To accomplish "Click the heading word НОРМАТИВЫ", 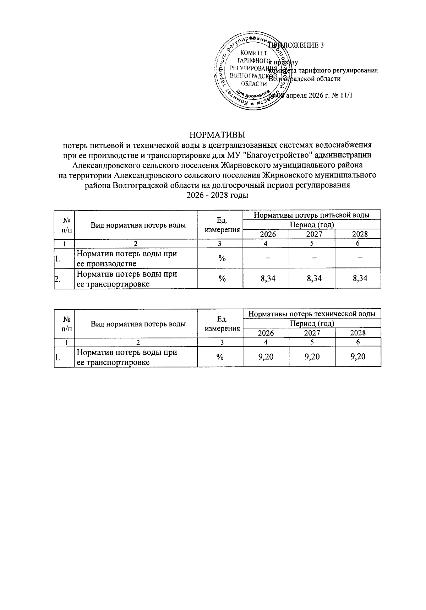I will click(217, 135).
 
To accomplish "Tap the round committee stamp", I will click(253, 71).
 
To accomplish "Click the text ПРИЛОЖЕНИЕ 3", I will click(298, 45).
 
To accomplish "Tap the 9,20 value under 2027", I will click(312, 357).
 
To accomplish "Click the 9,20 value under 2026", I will click(266, 357).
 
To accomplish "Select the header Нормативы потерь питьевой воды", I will click(312, 215).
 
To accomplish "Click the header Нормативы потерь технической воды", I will click(312, 314).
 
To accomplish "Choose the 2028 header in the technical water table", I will click(358, 333).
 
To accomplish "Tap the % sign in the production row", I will click(222, 258).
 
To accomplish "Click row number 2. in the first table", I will click(57, 279).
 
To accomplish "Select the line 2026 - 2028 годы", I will click(217, 195).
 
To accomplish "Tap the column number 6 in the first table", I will click(358, 243).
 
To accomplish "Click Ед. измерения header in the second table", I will click(222, 323).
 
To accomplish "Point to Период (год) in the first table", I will click(312, 224).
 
